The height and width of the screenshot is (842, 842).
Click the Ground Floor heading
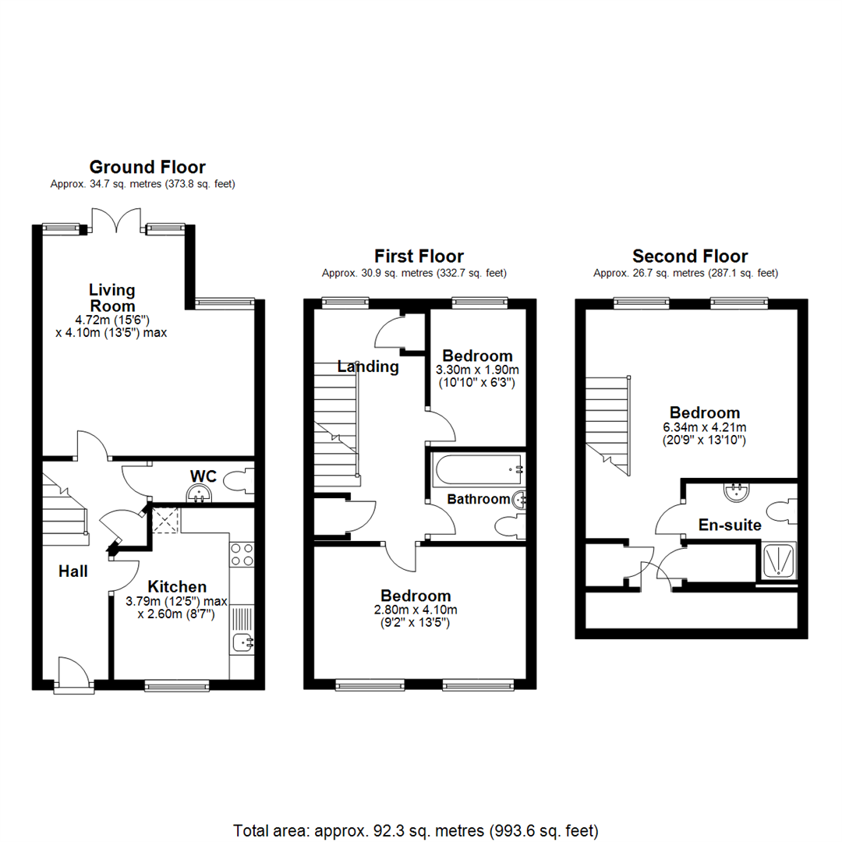click(x=147, y=167)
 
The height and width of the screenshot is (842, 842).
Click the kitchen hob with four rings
click(x=242, y=554)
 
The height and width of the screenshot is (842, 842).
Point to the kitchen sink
click(x=242, y=642)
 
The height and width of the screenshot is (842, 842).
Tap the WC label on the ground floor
click(x=203, y=476)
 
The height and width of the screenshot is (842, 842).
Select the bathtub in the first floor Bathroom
click(x=476, y=469)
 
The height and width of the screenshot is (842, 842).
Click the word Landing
click(x=368, y=366)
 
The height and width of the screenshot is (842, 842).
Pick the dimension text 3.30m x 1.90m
click(x=476, y=370)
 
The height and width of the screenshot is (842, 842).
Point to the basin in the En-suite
click(x=735, y=491)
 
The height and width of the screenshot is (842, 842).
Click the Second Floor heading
click(x=690, y=256)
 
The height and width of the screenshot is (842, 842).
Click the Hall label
click(x=73, y=571)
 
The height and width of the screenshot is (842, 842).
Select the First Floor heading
click(x=419, y=256)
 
